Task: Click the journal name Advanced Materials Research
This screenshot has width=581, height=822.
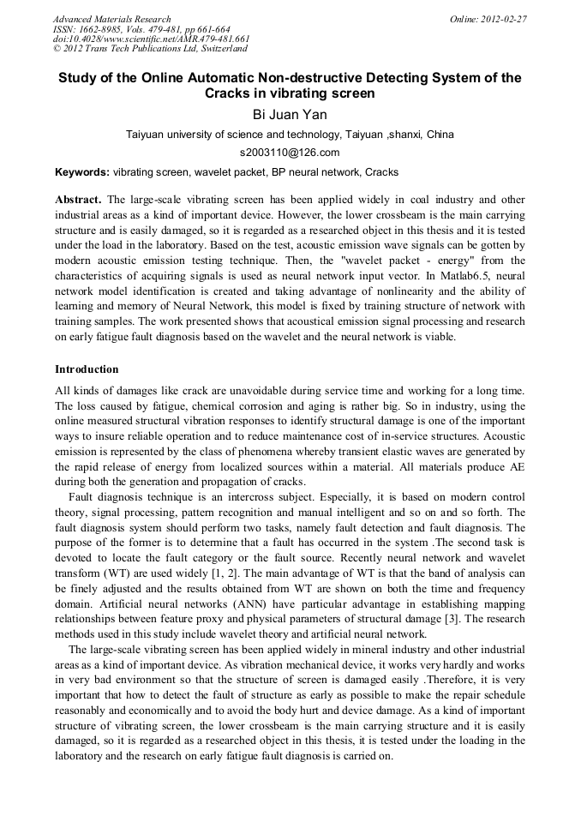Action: coord(111,19)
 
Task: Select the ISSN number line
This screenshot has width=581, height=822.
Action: coord(141,29)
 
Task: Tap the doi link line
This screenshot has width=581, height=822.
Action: coord(152,39)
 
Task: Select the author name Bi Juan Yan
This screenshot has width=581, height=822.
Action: coord(290,114)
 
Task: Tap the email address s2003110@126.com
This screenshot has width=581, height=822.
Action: coord(290,153)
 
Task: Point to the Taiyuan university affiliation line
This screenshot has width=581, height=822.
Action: coord(290,135)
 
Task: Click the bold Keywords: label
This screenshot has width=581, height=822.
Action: coord(82,172)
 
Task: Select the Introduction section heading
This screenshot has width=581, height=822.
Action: coord(87,369)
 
